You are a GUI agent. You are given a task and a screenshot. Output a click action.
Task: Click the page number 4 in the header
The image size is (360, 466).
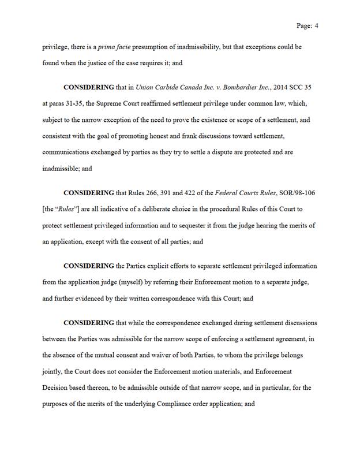317,26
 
